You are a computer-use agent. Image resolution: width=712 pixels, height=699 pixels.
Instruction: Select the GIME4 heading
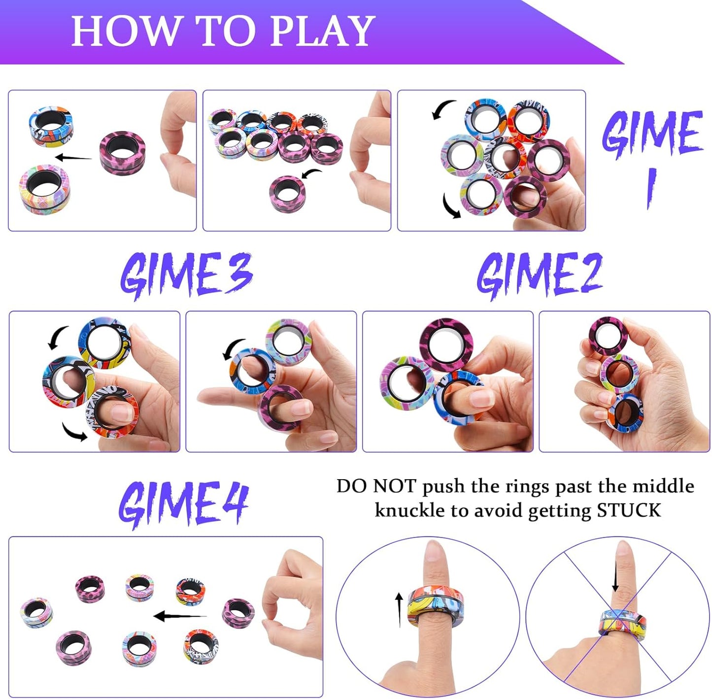point(183,503)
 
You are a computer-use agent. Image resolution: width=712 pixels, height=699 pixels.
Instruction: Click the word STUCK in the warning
point(629,510)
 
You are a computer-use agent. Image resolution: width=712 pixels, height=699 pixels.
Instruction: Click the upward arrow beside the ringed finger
point(399,610)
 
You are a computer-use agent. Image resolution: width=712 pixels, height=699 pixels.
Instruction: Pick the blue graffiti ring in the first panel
point(51,126)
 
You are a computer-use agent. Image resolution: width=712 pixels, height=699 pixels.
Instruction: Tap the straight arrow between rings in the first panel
point(73,158)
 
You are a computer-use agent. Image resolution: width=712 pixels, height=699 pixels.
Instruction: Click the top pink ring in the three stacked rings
point(608,335)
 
